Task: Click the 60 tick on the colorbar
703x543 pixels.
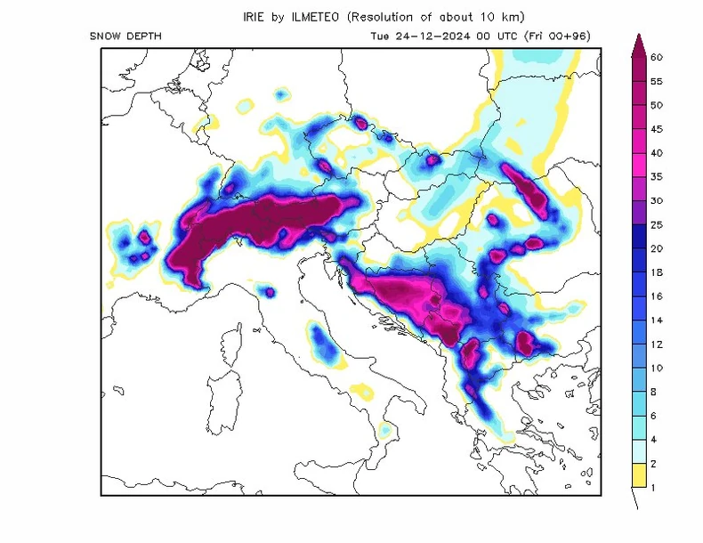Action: tap(657, 58)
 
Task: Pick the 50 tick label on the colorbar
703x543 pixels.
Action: tap(657, 105)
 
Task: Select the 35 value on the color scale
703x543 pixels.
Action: tap(657, 177)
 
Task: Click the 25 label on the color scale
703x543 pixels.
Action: tap(657, 225)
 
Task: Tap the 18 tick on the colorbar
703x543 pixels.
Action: tap(657, 272)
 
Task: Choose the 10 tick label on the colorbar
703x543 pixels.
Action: tap(657, 368)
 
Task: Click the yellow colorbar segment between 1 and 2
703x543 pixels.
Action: tap(637, 475)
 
